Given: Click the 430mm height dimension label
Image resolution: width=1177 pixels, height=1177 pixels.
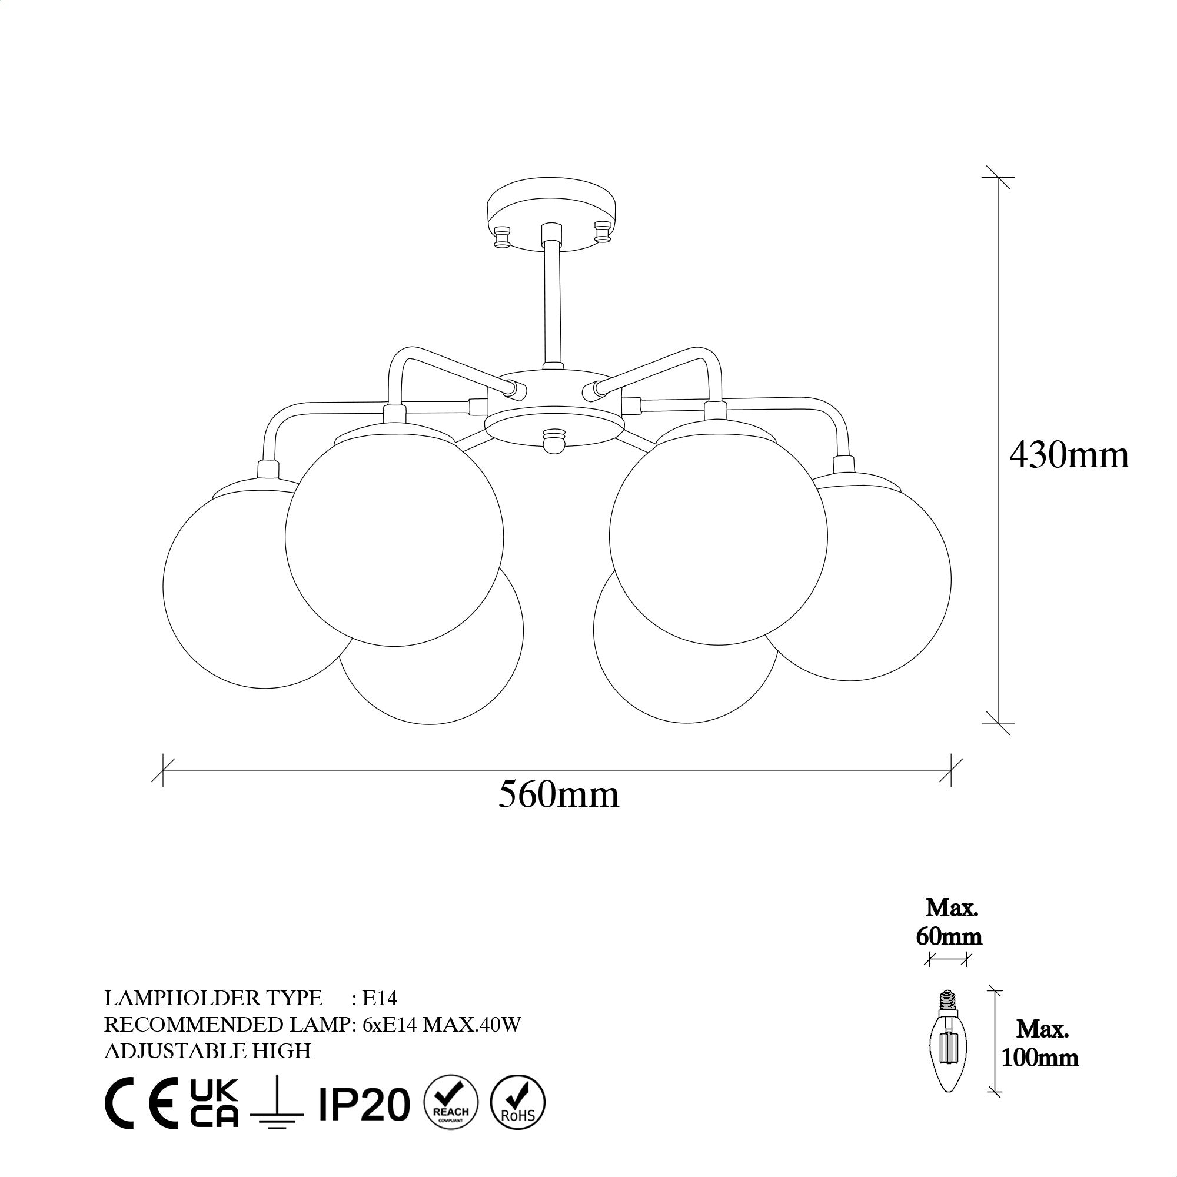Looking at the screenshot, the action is (x=1069, y=455).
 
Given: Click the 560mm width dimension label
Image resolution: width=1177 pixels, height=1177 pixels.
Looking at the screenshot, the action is (x=558, y=794).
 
